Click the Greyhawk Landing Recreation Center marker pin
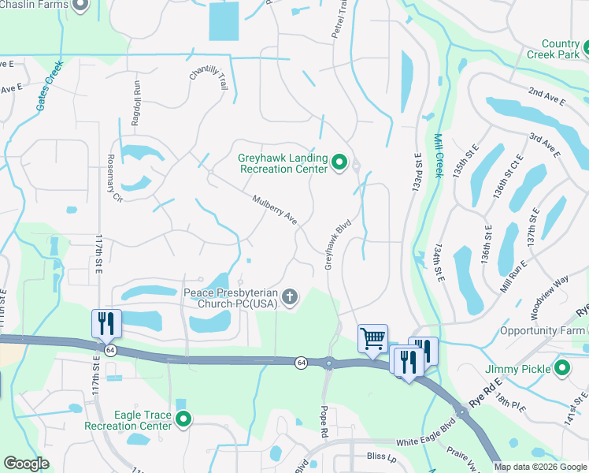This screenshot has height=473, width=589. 340,163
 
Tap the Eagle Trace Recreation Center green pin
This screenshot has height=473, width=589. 184,419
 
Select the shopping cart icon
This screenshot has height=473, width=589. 372,338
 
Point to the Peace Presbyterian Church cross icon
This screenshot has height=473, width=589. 291,297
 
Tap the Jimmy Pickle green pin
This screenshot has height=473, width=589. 562,368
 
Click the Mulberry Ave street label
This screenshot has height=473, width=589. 274,210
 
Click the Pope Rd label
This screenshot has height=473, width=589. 323,423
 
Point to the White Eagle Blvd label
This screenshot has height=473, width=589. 426,442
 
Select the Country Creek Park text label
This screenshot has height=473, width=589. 560,49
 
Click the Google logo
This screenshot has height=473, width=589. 26,464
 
